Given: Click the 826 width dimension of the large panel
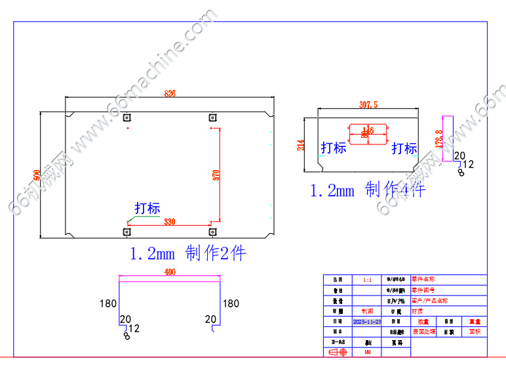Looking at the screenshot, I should pyautogui.click(x=170, y=94).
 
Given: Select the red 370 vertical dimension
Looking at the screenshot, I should pyautogui.click(x=216, y=175).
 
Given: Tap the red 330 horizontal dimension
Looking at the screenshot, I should pyautogui.click(x=169, y=221).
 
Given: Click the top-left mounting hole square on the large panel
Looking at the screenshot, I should pyautogui.click(x=126, y=118).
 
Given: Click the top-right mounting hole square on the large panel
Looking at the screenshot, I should pyautogui.click(x=212, y=118).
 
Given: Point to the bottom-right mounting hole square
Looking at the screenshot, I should pyautogui.click(x=212, y=231).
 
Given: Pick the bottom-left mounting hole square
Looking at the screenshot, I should pyautogui.click(x=126, y=231).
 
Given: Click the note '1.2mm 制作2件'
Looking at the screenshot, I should pyautogui.click(x=188, y=253).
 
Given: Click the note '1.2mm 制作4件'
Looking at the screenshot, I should pyautogui.click(x=367, y=190).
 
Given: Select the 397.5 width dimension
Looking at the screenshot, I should pyautogui.click(x=368, y=104).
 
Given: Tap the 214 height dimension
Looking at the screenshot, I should pyautogui.click(x=301, y=144).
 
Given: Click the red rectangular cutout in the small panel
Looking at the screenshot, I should pyautogui.click(x=368, y=133).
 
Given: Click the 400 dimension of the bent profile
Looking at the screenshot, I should pyautogui.click(x=170, y=272).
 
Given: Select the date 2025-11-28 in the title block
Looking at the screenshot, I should pyautogui.click(x=367, y=322).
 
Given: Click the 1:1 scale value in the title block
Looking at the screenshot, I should pyautogui.click(x=367, y=280).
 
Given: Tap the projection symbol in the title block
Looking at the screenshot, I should pyautogui.click(x=337, y=353).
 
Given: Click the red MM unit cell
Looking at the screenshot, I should pyautogui.click(x=367, y=353).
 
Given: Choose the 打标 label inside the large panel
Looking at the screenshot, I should pyautogui.click(x=147, y=209).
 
